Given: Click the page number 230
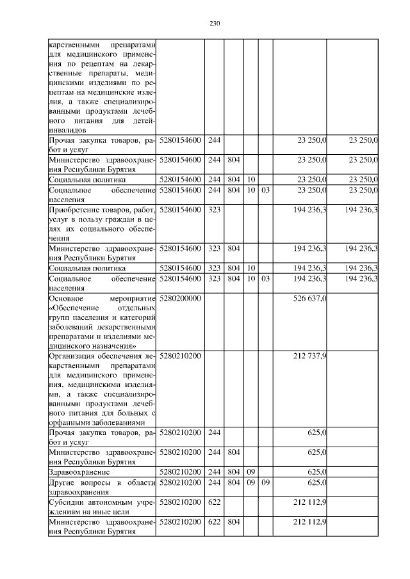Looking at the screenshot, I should coord(215,24).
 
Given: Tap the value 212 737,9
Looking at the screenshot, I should coord(310,356).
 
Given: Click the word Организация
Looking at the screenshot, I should coord(72,356).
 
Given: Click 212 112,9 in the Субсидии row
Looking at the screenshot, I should coord(310,502).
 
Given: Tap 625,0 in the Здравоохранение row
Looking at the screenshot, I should coord(318,472).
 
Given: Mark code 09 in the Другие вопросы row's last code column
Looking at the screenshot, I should coord(266,482).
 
